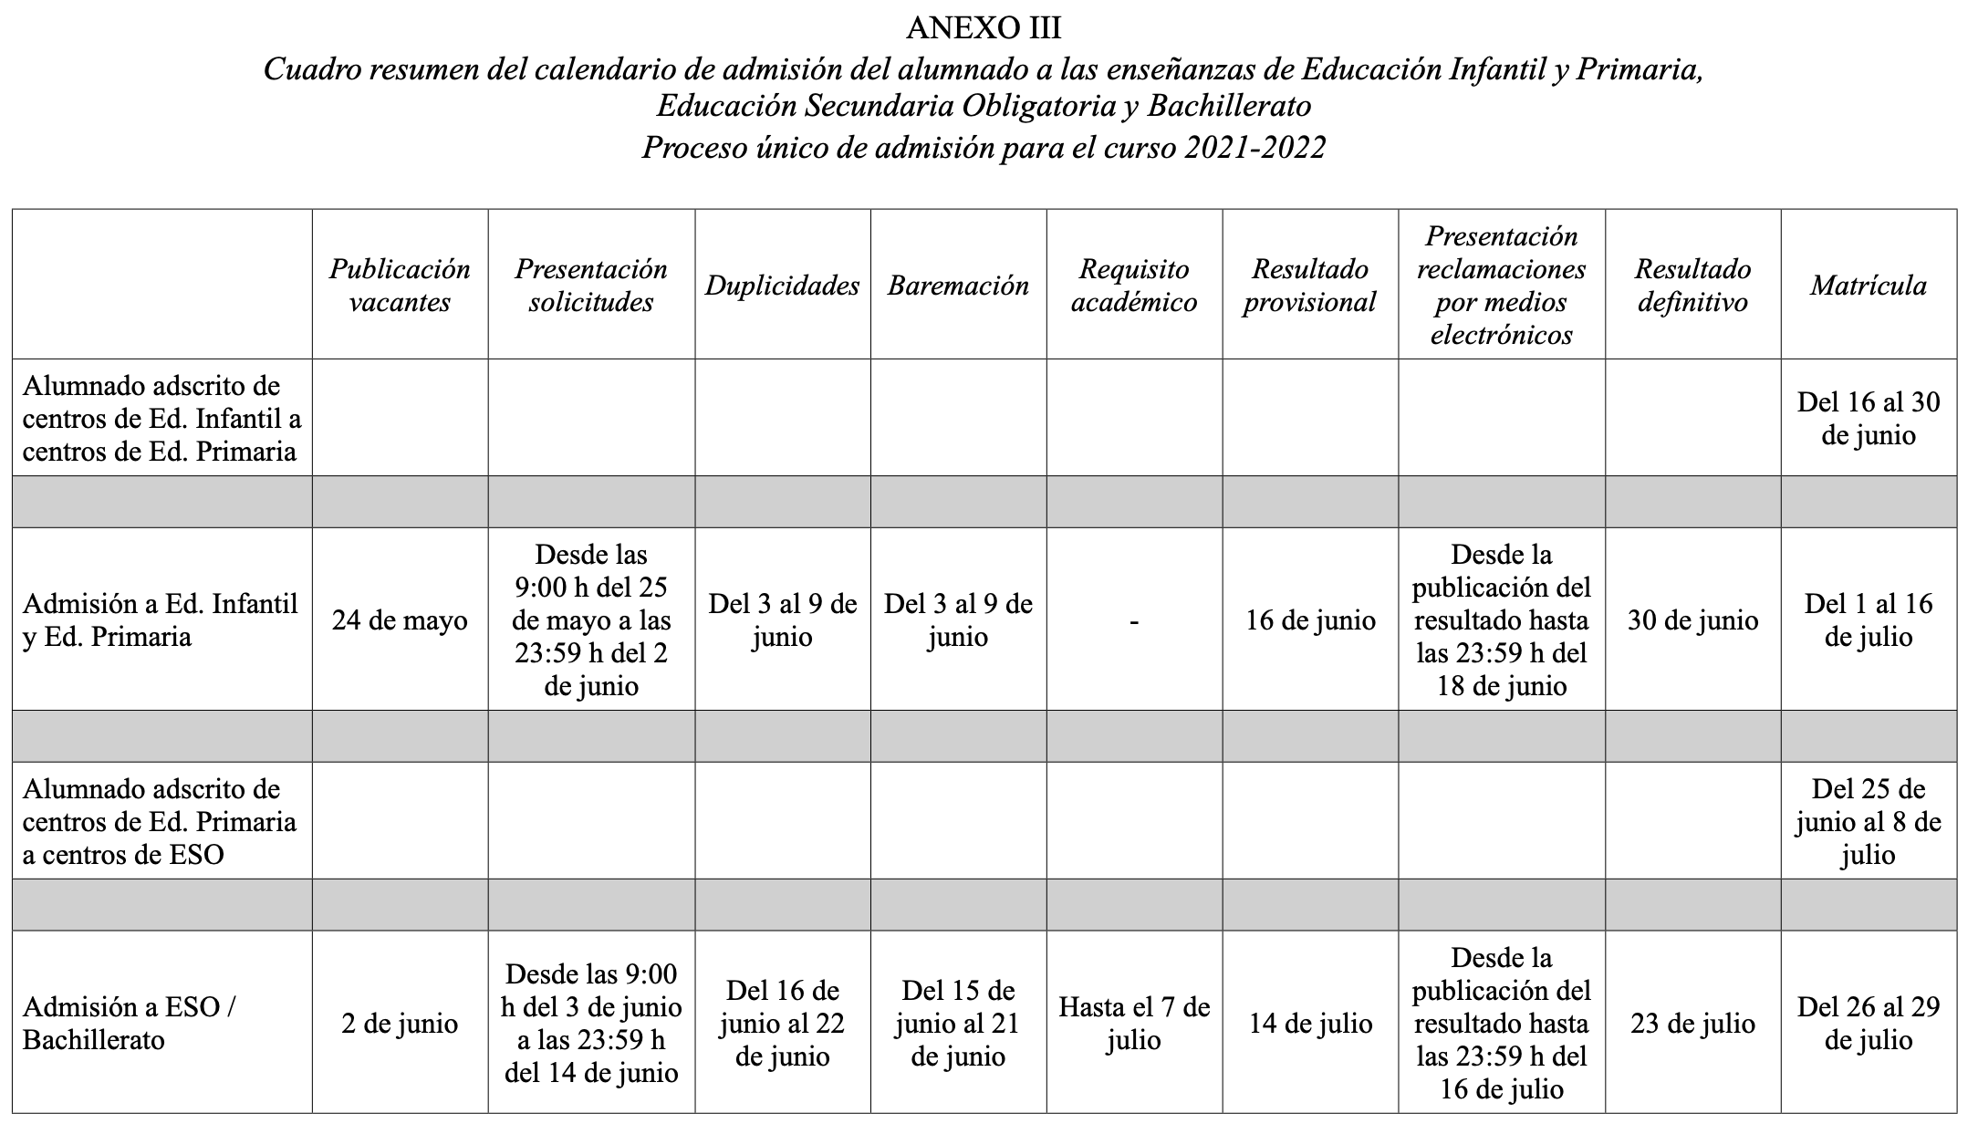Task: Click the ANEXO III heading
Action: coord(984,28)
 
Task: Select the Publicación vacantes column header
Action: coord(400,286)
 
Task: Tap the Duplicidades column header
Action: coord(782,286)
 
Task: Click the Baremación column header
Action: coord(958,286)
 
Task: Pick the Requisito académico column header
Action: coord(1133,286)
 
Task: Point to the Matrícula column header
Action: coord(1868,286)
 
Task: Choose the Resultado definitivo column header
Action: coord(1692,286)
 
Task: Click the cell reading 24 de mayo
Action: coord(400,620)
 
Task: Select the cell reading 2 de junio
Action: coord(400,1024)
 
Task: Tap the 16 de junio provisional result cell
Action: coord(1310,620)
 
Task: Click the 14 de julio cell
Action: coord(1310,1024)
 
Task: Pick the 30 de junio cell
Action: coord(1692,620)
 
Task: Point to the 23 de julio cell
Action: coord(1692,1024)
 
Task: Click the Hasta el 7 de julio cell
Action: coord(1133,1024)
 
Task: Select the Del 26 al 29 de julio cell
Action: coord(1868,1024)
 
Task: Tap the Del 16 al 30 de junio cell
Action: coord(1868,419)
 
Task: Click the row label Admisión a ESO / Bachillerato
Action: coord(130,1024)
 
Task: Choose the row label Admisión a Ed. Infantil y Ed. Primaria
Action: coord(160,620)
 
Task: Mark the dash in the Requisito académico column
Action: coord(1133,621)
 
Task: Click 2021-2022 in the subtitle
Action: coord(1254,147)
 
